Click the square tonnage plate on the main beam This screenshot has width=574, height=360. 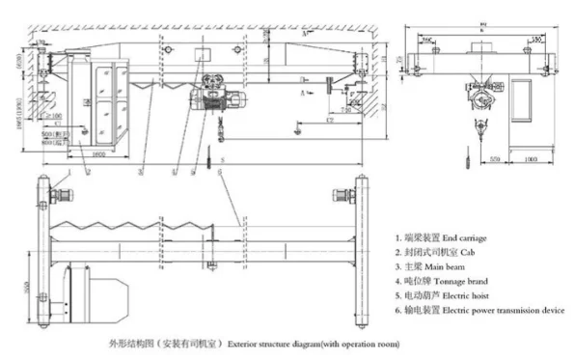click(200, 55)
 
